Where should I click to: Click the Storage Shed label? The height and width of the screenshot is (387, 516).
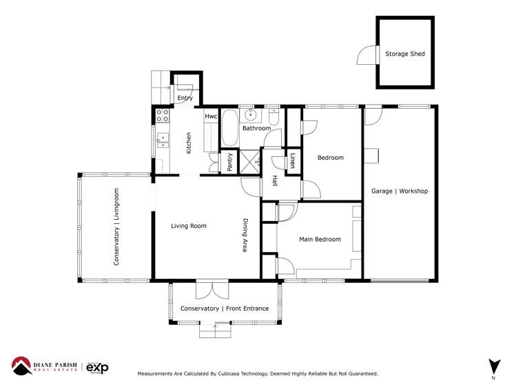pos(404,54)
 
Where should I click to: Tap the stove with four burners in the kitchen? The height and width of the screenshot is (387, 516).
pos(163,115)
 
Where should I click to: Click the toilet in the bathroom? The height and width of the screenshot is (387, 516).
pos(274,118)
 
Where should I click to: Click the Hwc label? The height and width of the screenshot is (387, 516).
pos(211,117)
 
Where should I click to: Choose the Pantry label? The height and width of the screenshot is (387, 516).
pos(229,163)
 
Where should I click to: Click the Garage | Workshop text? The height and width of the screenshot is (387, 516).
pos(400,191)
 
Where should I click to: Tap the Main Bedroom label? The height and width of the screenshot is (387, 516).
pos(320,240)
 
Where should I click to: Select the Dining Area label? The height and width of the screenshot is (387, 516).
pos(245,236)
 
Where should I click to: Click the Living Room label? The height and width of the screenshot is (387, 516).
pos(189,226)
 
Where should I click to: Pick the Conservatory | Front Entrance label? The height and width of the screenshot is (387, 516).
pos(225,308)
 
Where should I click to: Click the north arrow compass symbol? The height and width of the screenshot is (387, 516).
pos(493,366)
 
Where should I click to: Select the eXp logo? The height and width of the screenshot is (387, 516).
pos(96,367)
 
